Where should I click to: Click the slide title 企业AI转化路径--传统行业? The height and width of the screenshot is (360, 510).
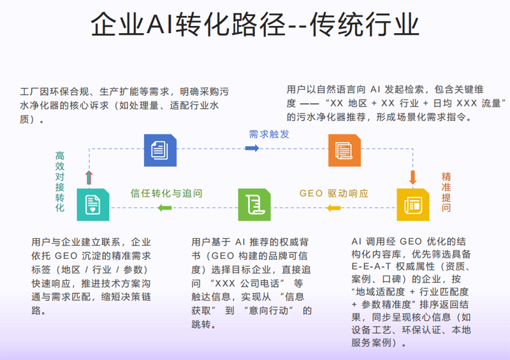[x=255, y=27]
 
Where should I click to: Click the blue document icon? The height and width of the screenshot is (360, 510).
[x=159, y=150]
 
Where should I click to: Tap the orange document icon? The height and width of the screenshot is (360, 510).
[x=344, y=150]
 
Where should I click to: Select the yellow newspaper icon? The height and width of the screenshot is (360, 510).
[x=412, y=205]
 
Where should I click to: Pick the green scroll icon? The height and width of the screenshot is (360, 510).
[x=254, y=205]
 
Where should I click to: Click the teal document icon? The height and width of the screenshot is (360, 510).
[x=93, y=205]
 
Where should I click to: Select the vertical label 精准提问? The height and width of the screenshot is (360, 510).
[x=446, y=192]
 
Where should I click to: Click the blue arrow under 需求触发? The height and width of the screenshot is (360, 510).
[x=252, y=148]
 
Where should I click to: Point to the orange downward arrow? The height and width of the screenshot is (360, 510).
[x=412, y=176]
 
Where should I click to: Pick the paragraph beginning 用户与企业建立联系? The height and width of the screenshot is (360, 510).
[x=91, y=276]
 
